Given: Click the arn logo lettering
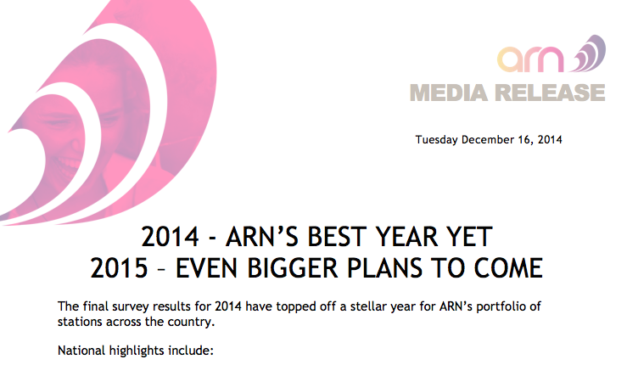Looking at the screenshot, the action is coord(530,59).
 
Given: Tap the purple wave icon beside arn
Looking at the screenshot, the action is coord(589,54).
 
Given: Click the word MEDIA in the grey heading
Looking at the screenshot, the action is coord(449,93).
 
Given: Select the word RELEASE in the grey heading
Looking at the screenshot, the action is coord(550,93).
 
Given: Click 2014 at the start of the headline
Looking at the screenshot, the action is coord(170,237).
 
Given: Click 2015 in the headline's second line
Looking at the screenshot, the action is coord(119,267).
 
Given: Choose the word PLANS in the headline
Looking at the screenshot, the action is coord(384,267).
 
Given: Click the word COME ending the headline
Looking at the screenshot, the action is coord(508,267).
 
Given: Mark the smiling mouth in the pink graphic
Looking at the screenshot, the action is coord(67,163).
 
